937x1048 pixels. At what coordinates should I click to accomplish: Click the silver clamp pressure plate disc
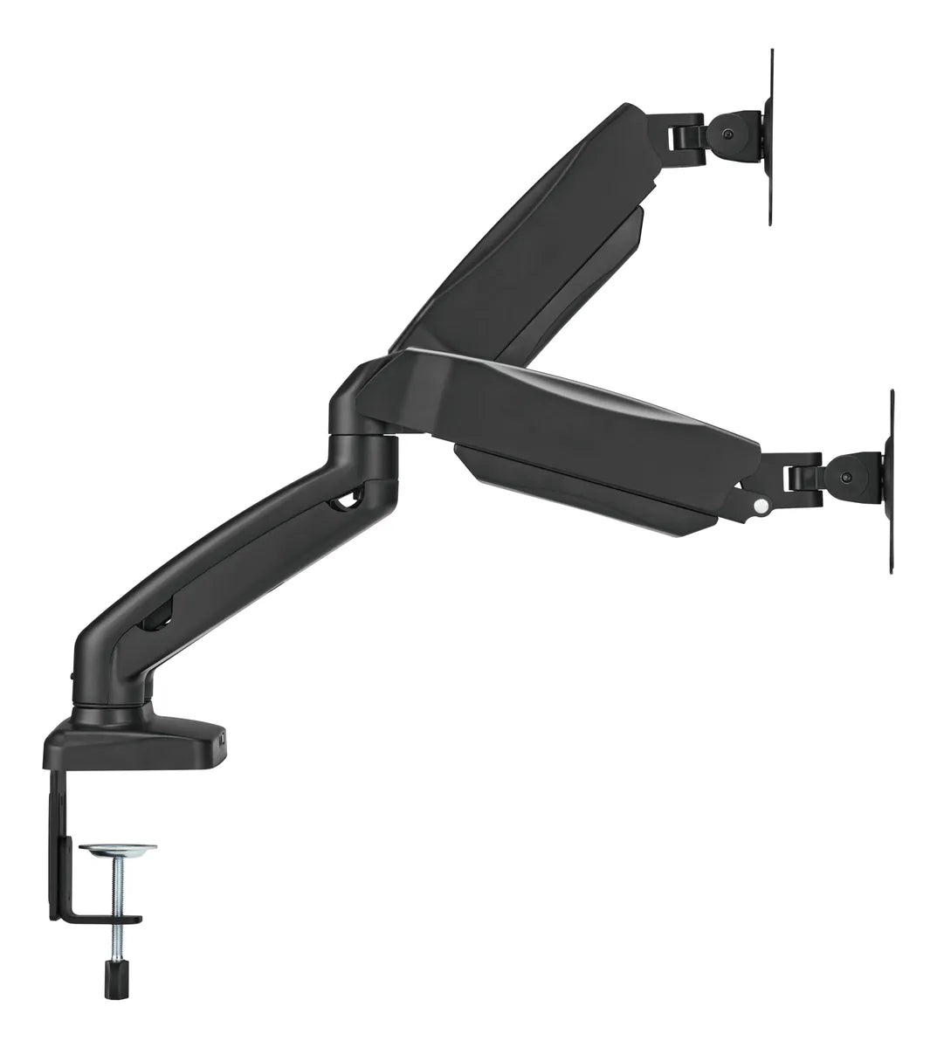[x=118, y=849]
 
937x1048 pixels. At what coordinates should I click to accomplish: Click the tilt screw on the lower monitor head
[x=846, y=478]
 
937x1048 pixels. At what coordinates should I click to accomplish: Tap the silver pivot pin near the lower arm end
[x=761, y=505]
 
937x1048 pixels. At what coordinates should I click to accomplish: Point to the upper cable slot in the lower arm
[x=349, y=502]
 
